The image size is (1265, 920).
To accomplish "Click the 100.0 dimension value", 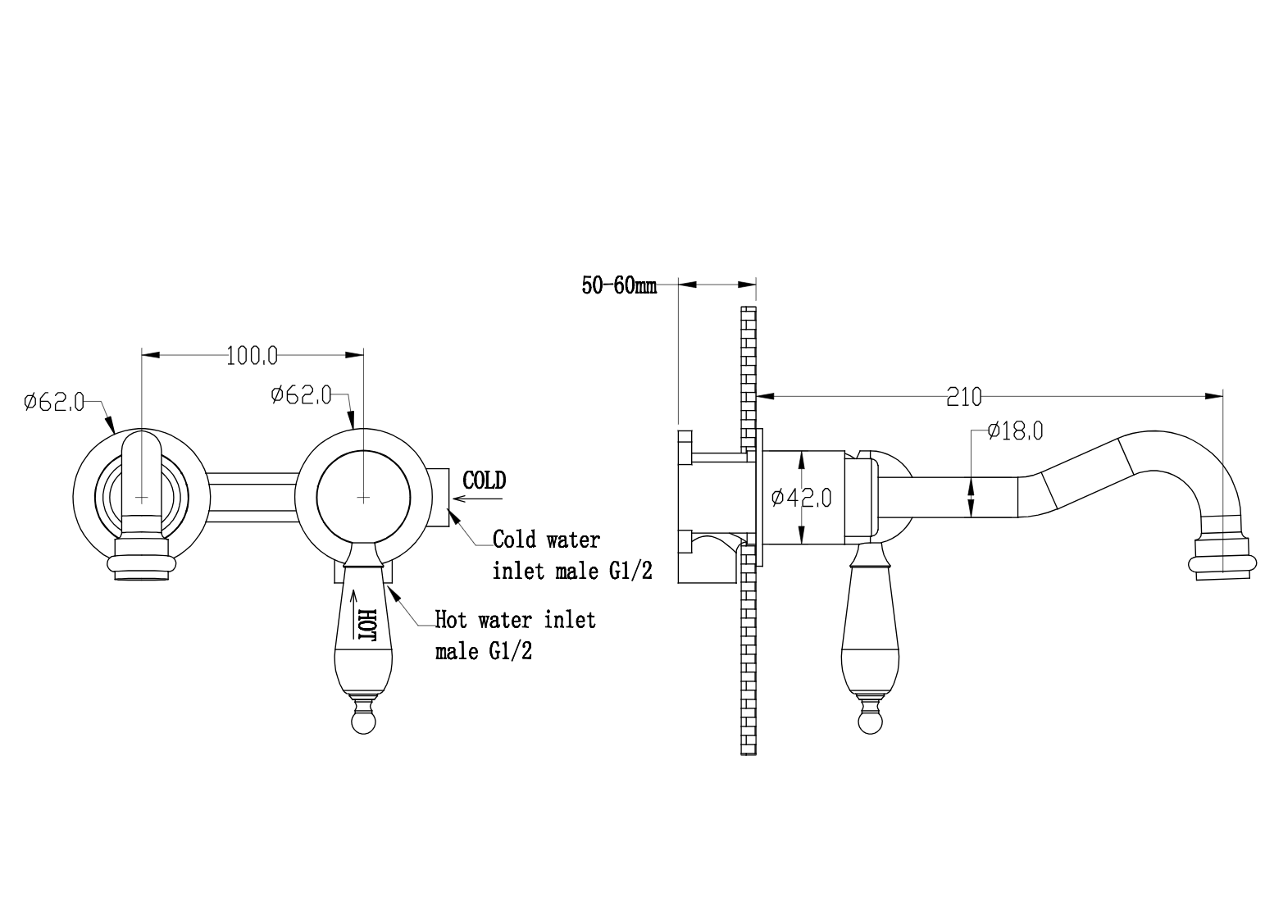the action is point(252,356).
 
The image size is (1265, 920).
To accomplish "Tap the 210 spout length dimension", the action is point(964,398).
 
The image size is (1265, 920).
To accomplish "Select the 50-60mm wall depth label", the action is point(620,285).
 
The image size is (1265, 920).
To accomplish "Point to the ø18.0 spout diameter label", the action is point(1016,431).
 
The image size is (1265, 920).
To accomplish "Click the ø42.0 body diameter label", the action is point(801,498).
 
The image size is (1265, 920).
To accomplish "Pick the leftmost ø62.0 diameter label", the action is point(54,402).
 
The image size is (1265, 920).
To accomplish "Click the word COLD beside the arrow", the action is point(484,480).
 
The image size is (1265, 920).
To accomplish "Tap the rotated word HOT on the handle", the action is point(367,625).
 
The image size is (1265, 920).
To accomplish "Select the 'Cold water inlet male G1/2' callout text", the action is point(572,555).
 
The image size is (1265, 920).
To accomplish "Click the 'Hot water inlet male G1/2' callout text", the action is point(515,635).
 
